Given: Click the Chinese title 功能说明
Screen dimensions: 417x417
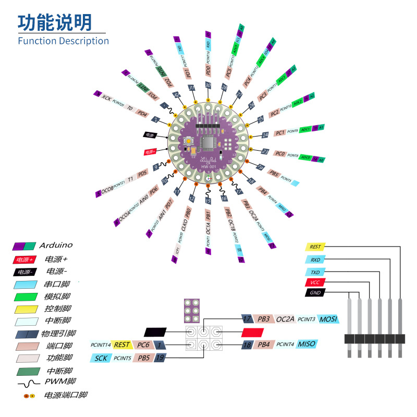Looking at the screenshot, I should point(55,22).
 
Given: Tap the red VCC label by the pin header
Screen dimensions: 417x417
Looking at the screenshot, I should point(315,283).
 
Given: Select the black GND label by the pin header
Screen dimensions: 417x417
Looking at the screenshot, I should point(315,293).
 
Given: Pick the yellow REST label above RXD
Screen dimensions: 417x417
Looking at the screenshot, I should point(315,247).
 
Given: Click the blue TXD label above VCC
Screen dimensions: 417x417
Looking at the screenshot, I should point(315,272).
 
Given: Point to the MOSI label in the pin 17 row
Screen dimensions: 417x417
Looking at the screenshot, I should point(328,319).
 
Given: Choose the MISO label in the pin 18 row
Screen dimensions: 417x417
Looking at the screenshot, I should point(307,344).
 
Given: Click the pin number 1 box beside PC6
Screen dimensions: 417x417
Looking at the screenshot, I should point(160,345).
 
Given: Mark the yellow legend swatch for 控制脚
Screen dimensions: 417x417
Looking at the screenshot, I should point(26,309).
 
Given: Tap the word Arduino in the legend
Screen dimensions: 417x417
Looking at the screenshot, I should point(56,245).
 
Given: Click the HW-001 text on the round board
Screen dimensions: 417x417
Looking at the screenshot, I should point(208,167).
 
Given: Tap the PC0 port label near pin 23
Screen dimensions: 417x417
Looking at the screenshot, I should point(280,154).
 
